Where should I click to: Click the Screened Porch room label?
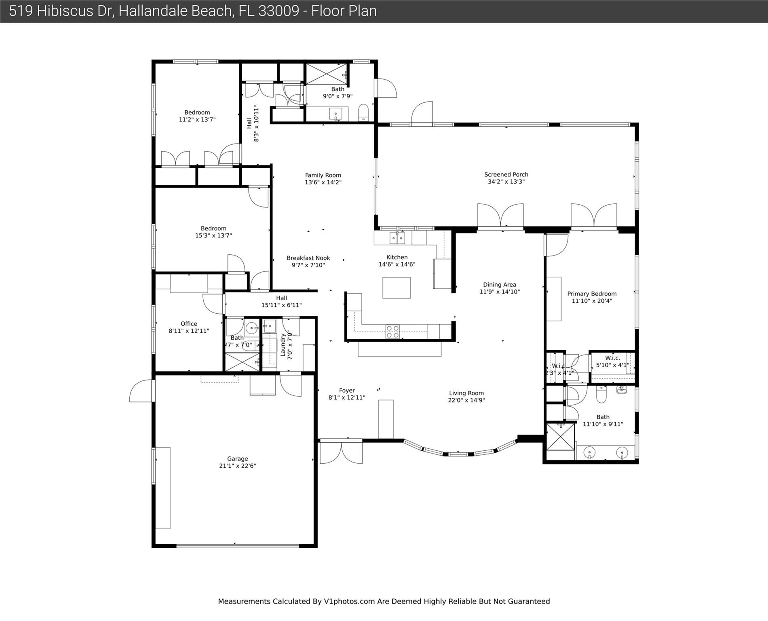(x=506, y=175)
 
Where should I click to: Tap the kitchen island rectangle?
(x=397, y=288)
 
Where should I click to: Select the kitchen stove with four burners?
(x=392, y=332)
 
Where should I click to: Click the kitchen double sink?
(x=397, y=238)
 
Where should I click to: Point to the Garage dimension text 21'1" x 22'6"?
(x=237, y=466)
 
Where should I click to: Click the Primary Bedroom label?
(x=592, y=294)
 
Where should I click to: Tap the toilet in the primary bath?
(x=601, y=395)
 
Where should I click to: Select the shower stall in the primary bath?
(x=560, y=436)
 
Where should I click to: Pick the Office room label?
(x=189, y=324)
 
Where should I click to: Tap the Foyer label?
(x=347, y=391)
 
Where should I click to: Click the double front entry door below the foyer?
(x=341, y=452)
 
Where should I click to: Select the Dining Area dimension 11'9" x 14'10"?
(x=500, y=292)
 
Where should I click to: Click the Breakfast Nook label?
(x=308, y=258)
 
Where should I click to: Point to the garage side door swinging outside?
(x=142, y=391)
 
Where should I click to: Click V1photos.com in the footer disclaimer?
(x=349, y=601)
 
